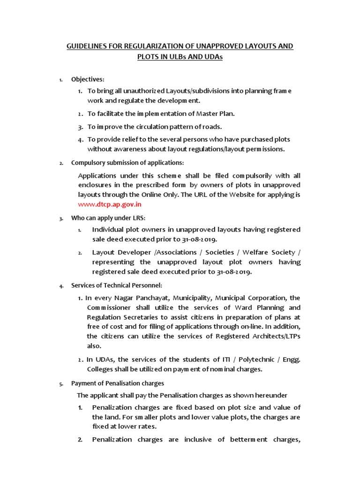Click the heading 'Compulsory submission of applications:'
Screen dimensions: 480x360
click(x=127, y=163)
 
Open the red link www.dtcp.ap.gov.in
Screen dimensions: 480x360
click(x=110, y=204)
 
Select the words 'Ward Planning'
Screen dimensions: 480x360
click(x=263, y=307)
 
